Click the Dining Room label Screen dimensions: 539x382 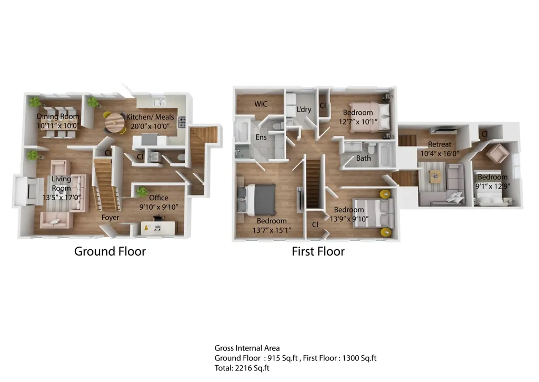pyautogui.click(x=58, y=116)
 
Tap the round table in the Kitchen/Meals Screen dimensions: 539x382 pyautogui.click(x=114, y=123)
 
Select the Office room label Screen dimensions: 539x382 pyautogui.click(x=158, y=198)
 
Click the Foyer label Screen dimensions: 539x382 pyautogui.click(x=110, y=218)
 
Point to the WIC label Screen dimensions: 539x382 pyautogui.click(x=261, y=104)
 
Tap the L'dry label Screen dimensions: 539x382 pyautogui.click(x=304, y=110)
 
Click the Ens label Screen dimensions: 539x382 pyautogui.click(x=261, y=137)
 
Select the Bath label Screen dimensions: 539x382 pyautogui.click(x=363, y=158)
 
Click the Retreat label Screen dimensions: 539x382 pyautogui.click(x=440, y=144)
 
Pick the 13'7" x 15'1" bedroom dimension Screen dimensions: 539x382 pyautogui.click(x=272, y=230)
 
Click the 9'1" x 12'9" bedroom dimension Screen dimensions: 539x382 pyautogui.click(x=493, y=186)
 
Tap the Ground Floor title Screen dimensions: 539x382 pyautogui.click(x=110, y=251)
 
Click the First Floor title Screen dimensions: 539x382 pyautogui.click(x=318, y=251)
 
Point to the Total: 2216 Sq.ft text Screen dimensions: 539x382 pyautogui.click(x=242, y=368)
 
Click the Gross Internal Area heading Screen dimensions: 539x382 pyautogui.click(x=247, y=348)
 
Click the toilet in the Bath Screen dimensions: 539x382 pyautogui.click(x=371, y=149)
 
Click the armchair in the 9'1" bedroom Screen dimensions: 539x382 pyautogui.click(x=497, y=153)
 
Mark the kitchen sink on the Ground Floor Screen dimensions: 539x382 pyautogui.click(x=159, y=102)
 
